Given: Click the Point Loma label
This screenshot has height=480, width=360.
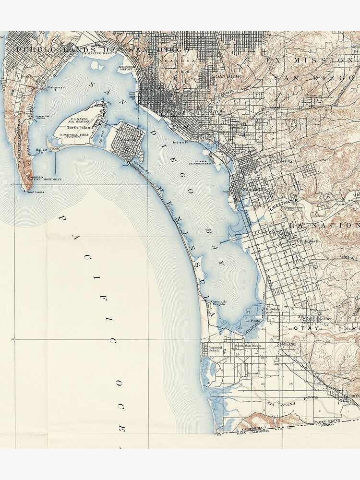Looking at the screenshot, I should point(35,192).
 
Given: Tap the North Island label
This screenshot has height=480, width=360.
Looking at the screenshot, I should point(79,127).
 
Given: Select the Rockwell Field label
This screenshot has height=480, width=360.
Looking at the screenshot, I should point(79,134).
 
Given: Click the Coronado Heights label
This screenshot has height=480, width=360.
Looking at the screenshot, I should point(218,303).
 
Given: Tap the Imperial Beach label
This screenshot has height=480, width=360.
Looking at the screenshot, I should point(215,349).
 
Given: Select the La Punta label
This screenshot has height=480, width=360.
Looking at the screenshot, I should point(252,321).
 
